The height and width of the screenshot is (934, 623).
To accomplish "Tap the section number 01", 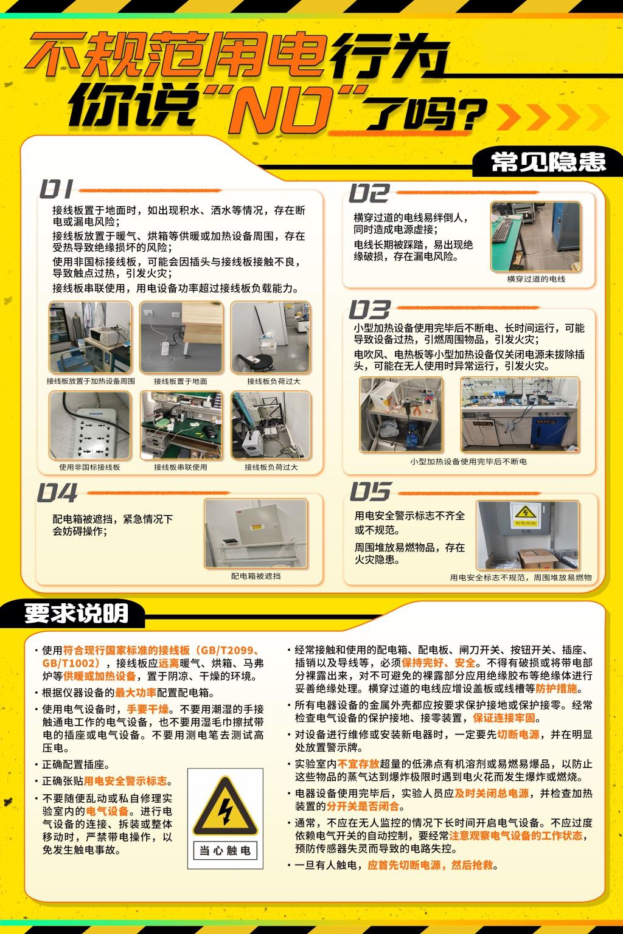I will (x=57, y=190).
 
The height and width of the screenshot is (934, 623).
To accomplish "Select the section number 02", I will (x=369, y=193).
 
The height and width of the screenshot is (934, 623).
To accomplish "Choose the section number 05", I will (x=370, y=491).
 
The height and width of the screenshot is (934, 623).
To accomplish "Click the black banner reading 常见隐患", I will (x=548, y=162).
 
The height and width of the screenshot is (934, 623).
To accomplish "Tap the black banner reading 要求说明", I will (x=76, y=614).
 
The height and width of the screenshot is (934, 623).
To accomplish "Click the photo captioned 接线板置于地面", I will (x=181, y=337).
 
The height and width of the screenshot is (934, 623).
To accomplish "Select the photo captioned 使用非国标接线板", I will (x=90, y=425).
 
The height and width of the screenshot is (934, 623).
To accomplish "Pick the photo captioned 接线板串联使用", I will (x=181, y=425).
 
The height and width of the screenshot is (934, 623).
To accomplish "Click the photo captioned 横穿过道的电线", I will (x=535, y=237).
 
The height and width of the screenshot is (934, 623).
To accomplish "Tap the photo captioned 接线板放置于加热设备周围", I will (x=90, y=337).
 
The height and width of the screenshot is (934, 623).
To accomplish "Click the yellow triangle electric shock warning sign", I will (x=225, y=808).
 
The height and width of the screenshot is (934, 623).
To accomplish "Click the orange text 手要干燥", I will (x=147, y=709).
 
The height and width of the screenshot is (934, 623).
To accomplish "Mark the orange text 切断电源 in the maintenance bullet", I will (x=518, y=735).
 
